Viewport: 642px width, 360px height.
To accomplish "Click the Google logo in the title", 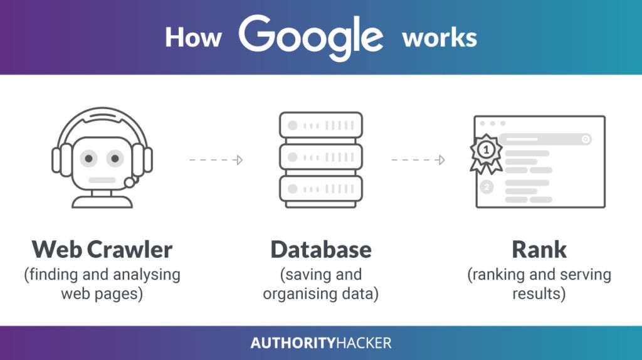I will point(310,38).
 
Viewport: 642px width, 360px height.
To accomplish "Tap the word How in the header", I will point(193,38).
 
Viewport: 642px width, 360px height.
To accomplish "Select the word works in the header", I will point(439,38).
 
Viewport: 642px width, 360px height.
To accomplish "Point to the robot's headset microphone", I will point(130,183).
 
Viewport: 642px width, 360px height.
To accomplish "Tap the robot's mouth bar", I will point(102,181).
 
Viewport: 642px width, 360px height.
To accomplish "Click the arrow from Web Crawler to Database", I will point(216,160).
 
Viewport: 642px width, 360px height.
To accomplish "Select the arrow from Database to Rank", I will point(419,160).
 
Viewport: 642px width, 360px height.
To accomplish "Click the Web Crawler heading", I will point(102,250).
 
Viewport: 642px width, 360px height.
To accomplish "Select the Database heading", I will point(321,250).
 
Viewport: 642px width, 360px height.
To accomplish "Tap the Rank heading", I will point(539,250).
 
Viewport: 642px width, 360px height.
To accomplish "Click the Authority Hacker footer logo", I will point(321,343).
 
